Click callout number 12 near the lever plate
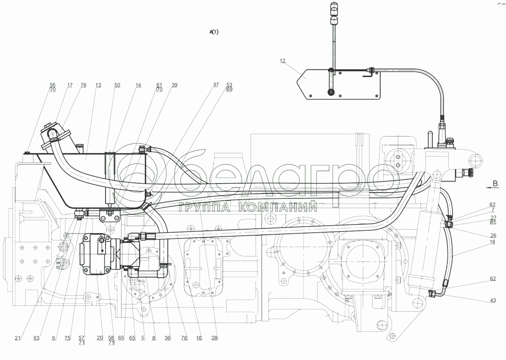[282, 61]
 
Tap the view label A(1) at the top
[214, 32]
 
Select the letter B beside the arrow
[495, 184]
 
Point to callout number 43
[493, 300]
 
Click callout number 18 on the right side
[492, 242]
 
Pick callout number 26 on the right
[493, 235]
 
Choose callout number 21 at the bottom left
[18, 338]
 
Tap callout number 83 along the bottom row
[36, 338]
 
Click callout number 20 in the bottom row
[100, 338]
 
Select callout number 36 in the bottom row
[167, 338]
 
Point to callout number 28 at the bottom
[214, 338]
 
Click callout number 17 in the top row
[70, 85]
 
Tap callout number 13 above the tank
[98, 85]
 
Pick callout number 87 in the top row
[216, 85]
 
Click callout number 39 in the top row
[174, 85]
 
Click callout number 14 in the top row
[138, 85]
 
